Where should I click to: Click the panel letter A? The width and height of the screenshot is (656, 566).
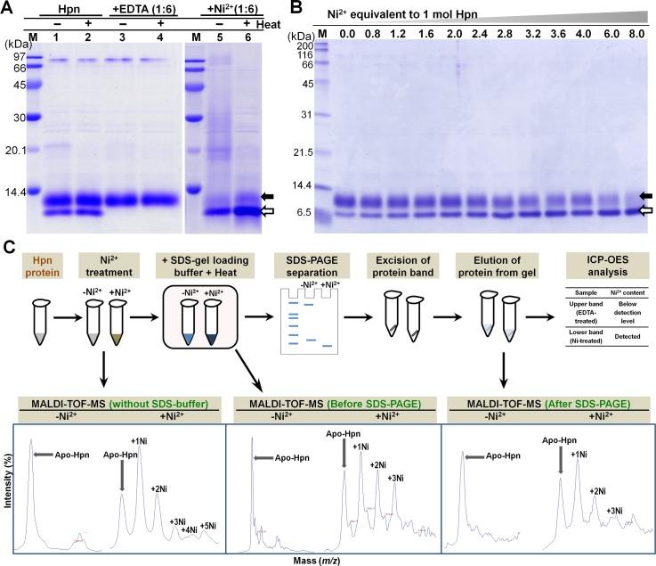pyautogui.click(x=7, y=8)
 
